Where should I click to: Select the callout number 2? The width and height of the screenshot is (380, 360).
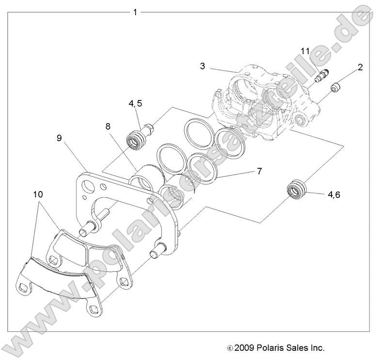[360, 67]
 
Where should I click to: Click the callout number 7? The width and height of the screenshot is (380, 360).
[259, 171]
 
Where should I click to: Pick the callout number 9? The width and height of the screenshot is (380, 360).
[59, 138]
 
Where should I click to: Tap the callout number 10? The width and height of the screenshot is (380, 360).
[38, 195]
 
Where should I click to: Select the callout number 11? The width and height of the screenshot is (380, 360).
[304, 51]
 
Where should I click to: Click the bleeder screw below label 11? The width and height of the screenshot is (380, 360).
[321, 77]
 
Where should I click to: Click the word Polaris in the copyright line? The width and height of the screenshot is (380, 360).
[262, 348]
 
